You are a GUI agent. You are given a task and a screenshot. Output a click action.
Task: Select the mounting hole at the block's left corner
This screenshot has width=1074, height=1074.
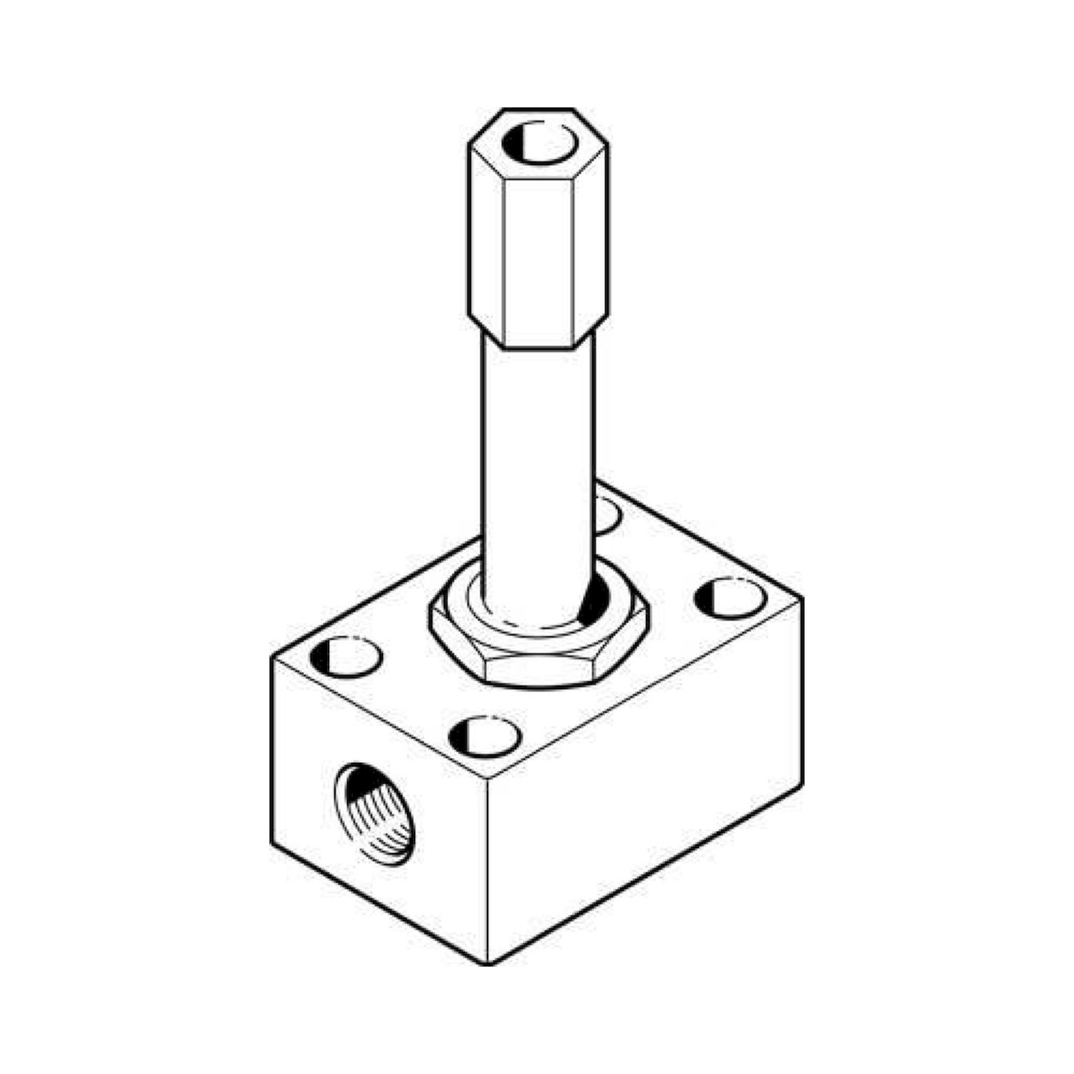click(x=347, y=658)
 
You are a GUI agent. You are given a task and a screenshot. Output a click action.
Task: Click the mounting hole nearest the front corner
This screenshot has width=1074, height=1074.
click(x=485, y=737)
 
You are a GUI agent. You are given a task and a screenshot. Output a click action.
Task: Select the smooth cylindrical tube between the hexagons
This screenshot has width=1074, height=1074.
click(x=538, y=456)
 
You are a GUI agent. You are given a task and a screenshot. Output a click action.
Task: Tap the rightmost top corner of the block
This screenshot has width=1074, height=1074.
click(x=802, y=599)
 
